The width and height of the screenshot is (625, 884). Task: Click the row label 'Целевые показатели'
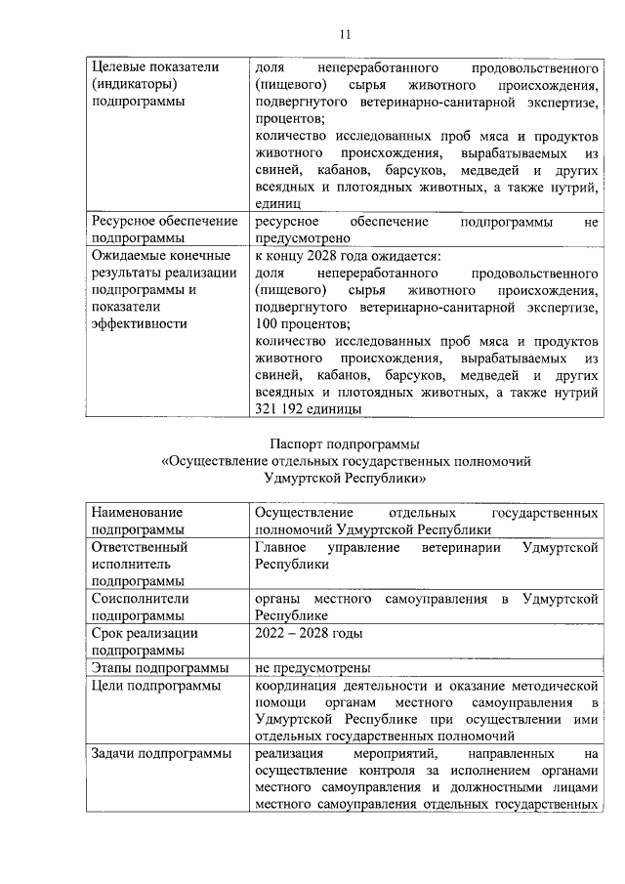click(153, 67)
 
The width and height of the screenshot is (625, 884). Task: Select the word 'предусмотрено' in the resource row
click(302, 237)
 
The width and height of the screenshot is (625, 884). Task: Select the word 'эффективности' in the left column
click(138, 323)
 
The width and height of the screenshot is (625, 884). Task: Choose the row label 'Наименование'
click(138, 512)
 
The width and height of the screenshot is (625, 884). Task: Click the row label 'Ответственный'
click(140, 547)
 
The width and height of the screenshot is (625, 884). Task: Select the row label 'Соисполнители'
click(140, 598)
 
